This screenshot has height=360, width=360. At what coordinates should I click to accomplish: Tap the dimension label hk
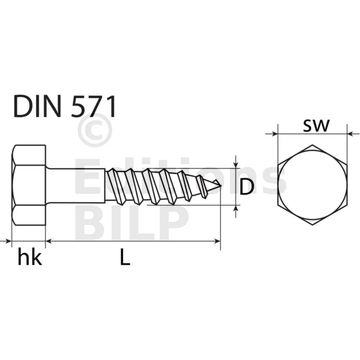30,258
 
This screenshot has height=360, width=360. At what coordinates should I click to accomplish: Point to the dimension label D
247,187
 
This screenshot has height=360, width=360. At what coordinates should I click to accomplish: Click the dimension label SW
316,126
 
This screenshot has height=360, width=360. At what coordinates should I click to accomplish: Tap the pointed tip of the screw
221,185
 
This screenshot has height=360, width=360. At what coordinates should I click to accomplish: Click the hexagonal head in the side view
29,185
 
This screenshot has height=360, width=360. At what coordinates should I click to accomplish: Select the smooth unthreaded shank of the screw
76,186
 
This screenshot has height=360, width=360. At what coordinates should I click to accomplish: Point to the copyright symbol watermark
95,130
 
